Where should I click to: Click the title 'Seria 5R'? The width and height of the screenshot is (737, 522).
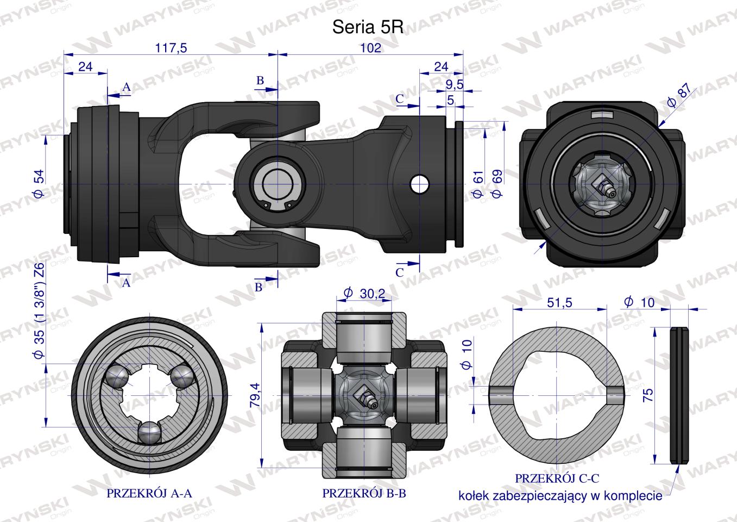368,27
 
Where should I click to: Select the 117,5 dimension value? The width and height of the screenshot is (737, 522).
171,48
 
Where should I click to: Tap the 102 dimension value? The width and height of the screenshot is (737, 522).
371,48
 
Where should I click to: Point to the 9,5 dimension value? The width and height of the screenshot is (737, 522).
455,85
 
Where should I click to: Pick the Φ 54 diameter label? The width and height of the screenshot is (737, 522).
39,183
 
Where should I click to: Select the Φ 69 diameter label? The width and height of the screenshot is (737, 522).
497,183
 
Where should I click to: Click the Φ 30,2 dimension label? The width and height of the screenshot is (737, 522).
364,293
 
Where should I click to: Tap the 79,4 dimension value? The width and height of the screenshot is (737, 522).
255,395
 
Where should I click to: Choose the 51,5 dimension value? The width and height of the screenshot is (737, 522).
559,302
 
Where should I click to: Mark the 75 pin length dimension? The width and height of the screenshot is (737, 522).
647,395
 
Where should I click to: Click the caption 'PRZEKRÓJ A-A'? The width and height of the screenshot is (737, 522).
149,493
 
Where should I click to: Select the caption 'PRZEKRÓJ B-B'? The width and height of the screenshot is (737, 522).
364,493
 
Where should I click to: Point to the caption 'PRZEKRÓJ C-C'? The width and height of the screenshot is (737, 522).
557,478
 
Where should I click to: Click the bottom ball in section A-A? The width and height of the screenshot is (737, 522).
149,432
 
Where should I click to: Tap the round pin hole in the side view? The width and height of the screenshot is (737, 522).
420,184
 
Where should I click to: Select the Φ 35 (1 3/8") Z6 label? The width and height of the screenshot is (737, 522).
39,310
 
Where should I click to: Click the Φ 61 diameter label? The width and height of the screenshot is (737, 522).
478,183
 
